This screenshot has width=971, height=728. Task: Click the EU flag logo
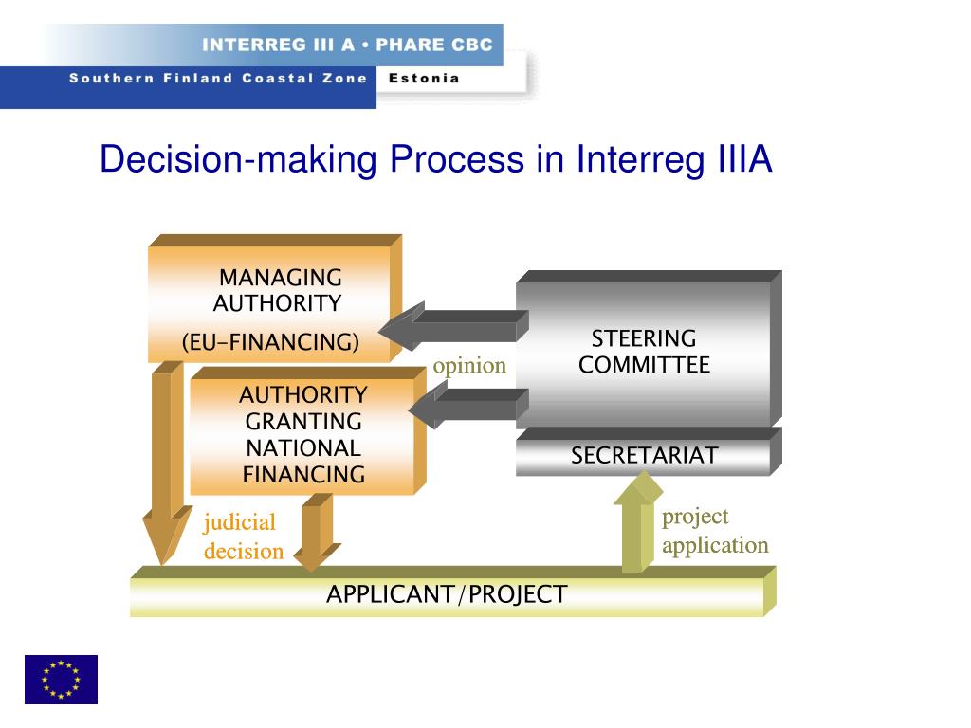tap(61, 679)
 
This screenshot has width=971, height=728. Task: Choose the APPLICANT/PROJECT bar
tap(447, 595)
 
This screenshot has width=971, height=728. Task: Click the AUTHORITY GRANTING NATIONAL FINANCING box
tap(303, 434)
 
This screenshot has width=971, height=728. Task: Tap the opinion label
tap(469, 366)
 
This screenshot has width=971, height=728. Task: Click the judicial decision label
tap(243, 537)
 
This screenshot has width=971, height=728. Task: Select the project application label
tap(714, 531)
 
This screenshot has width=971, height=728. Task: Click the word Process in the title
tap(447, 159)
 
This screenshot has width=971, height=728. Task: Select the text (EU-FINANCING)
tap(271, 342)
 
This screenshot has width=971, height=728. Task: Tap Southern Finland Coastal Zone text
tap(217, 79)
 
